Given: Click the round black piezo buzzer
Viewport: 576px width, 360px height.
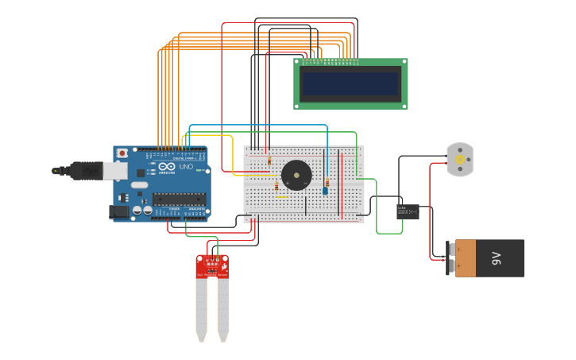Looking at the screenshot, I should click(296, 175).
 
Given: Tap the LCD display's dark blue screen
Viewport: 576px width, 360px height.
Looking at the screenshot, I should click(350, 83).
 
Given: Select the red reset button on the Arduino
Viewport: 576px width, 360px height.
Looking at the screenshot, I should click(122, 153).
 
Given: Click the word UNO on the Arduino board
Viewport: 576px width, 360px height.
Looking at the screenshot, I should click(185, 167).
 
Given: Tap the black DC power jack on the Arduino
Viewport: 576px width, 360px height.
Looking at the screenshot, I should click(118, 211).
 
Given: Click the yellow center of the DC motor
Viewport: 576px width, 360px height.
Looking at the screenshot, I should click(460, 160).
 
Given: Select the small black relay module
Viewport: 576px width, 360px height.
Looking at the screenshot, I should click(408, 211).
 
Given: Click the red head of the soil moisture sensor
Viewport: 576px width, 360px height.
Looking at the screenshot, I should click(212, 265).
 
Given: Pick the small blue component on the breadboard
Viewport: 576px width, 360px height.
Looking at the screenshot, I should click(325, 191).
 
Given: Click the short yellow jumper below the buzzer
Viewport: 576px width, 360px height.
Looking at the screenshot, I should click(281, 197).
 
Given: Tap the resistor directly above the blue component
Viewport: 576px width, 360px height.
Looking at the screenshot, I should click(327, 181).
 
